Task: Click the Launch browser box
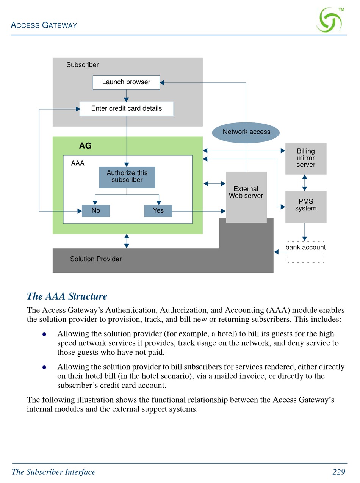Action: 126,82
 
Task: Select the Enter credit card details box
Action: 127,108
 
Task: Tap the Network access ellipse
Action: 246,132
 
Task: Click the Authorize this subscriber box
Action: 127,177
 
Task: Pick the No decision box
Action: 95,211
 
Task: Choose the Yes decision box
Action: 158,211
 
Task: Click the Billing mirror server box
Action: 306,158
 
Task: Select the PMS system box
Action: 306,207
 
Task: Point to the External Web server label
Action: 246,192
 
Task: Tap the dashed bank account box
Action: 306,252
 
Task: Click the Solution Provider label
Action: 95,259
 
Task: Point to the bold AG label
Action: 85,146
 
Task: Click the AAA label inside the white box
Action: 78,163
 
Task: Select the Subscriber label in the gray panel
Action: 83,65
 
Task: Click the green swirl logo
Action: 329,20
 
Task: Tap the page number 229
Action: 339,472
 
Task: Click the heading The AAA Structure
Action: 67,296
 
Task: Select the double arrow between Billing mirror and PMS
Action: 304,183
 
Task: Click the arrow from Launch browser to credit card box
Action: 126,96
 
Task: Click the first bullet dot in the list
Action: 44,334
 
